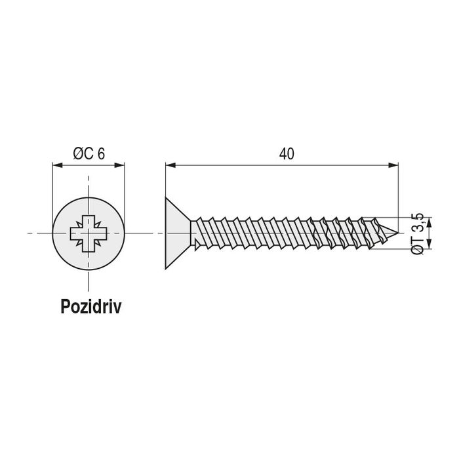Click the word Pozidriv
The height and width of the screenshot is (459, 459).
[90, 306]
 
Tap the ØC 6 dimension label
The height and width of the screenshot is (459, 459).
[89, 153]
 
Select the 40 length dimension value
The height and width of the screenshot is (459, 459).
[287, 154]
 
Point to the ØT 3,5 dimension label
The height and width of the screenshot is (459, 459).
[418, 233]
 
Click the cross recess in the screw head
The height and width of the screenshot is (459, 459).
[89, 233]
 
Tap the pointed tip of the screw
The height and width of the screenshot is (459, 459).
[398, 233]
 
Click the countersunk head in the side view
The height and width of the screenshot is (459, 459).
[178, 233]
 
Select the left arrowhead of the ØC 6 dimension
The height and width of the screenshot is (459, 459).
[58, 165]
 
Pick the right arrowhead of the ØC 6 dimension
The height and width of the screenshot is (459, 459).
[120, 165]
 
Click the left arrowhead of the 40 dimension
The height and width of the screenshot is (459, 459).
[170, 165]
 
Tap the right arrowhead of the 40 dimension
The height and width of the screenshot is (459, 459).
[393, 165]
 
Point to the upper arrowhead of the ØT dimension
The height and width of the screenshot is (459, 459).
[429, 222]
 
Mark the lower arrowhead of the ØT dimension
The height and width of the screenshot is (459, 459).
[429, 244]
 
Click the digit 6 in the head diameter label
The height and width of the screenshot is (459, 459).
[101, 154]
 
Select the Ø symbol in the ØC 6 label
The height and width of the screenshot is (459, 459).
[79, 154]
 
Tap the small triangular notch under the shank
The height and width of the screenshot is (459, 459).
[198, 245]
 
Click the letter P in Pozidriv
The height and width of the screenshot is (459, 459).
[66, 306]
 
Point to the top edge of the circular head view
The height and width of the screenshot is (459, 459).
[89, 197]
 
